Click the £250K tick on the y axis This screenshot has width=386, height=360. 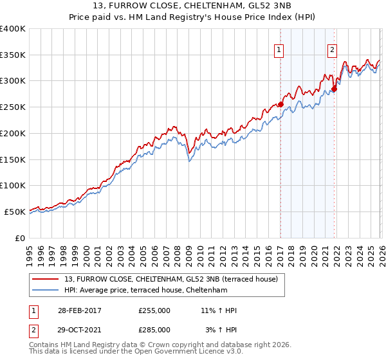(13, 107)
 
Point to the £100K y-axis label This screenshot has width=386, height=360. (13, 185)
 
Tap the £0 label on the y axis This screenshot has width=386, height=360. (19, 237)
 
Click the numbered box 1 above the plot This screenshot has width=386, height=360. (279, 50)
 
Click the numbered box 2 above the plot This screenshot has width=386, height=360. (333, 50)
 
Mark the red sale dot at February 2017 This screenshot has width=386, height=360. (280, 104)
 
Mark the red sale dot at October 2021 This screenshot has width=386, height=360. (335, 89)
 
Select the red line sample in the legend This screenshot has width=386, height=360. (46, 279)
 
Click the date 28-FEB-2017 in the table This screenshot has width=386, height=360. (78, 310)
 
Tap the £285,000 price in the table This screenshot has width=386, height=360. (154, 329)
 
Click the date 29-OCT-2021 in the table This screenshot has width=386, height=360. (78, 329)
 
